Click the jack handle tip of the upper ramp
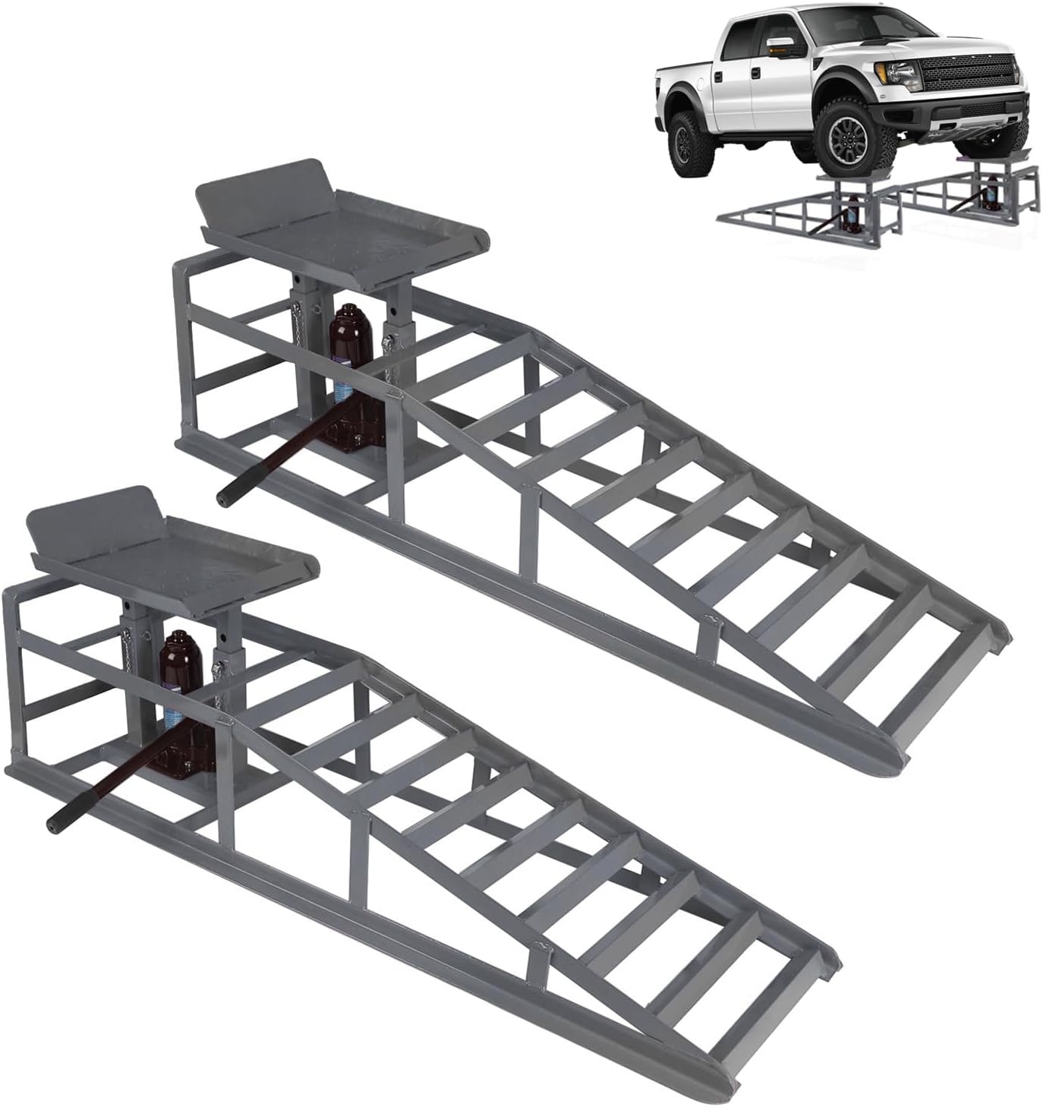pyautogui.click(x=225, y=498)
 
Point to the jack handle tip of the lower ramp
pyautogui.click(x=55, y=823)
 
